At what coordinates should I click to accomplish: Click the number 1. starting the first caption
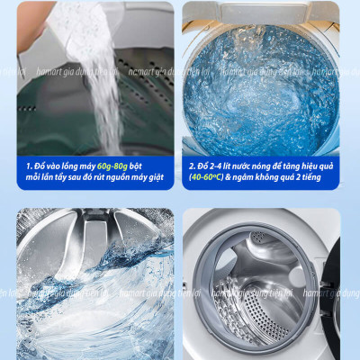[x=29, y=166]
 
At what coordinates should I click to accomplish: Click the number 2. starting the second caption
[x=193, y=166]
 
